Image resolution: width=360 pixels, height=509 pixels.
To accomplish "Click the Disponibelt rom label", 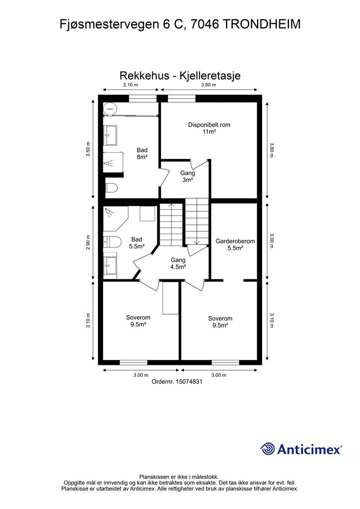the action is pos(209,125).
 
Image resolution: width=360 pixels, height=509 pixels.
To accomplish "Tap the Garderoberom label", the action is pos(235,241).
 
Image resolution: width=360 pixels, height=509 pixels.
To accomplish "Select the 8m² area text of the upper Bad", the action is pos(142,157).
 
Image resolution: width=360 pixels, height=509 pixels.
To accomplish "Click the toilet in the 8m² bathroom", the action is pos(111,188).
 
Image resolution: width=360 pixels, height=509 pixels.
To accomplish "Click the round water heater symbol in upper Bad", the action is pos(109,109).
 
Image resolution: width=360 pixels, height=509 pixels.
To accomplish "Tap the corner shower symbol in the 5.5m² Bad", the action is pos(109,213).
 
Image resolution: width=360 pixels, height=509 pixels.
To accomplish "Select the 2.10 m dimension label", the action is pos(130,85).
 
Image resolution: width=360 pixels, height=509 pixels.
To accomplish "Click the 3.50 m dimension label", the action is pos(88,149).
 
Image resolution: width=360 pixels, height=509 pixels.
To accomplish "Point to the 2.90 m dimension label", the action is pos(88,242).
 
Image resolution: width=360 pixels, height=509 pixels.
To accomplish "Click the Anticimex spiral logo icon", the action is pos(268,449).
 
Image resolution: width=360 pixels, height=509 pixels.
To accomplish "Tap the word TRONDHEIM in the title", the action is pos(262,24).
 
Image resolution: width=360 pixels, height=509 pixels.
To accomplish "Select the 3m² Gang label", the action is pos(187,176).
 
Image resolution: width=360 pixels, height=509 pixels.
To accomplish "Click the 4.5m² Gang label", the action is pos(178,263).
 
